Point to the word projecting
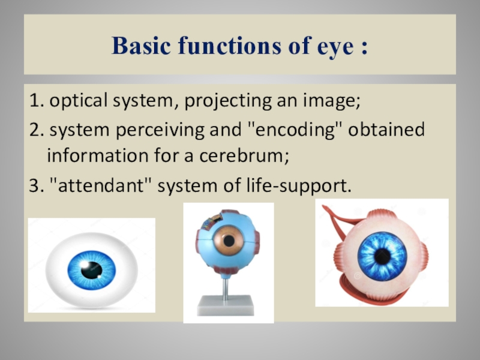click(x=218, y=101)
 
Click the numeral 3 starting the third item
click(x=32, y=187)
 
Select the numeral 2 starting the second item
click(x=32, y=130)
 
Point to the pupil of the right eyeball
click(x=382, y=256)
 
